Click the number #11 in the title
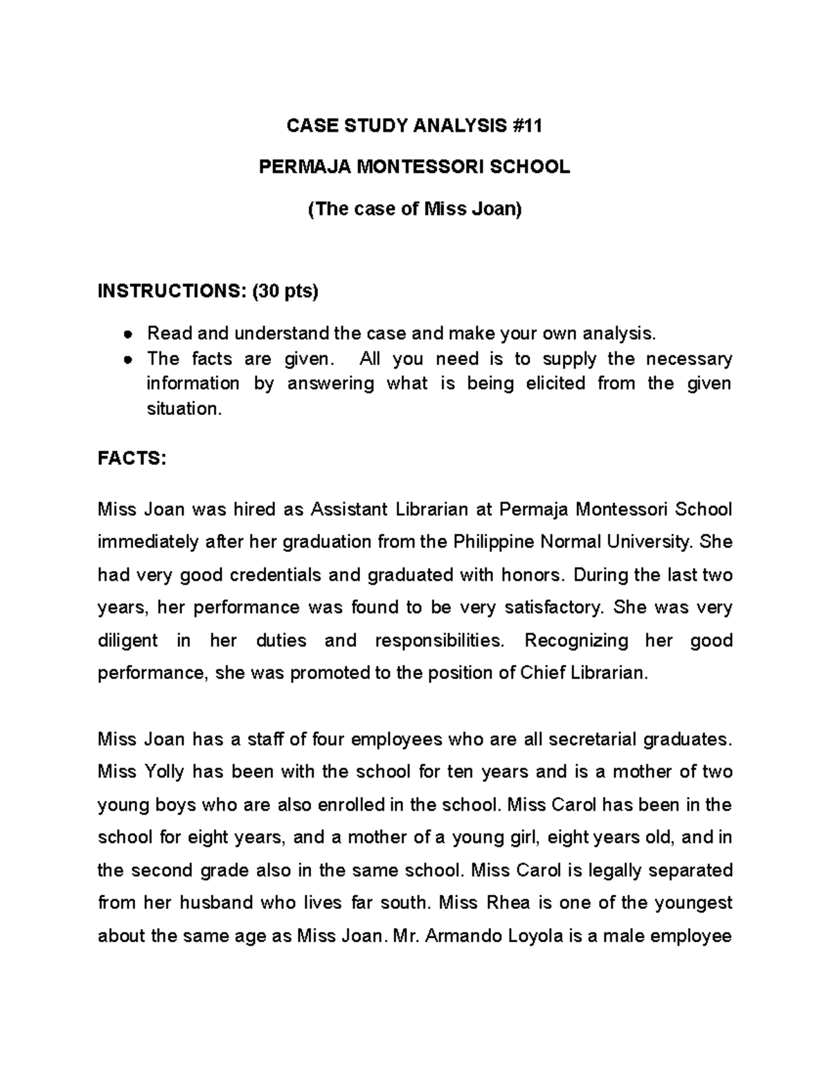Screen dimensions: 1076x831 click(x=527, y=125)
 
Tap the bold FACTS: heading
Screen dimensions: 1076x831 click(x=132, y=458)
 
